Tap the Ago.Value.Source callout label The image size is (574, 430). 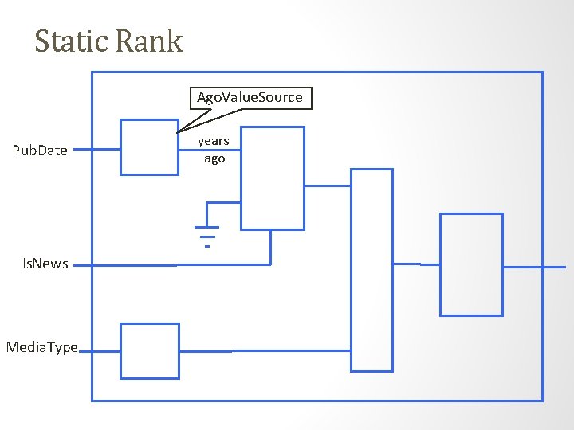(250, 97)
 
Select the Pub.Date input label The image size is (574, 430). (40, 150)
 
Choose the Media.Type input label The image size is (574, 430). (41, 347)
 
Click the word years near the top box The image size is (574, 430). (214, 141)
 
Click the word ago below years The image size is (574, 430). (214, 158)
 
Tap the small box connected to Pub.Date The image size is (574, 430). (149, 147)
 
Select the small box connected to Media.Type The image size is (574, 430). (149, 351)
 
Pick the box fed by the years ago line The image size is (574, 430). (272, 178)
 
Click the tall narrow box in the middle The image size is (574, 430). (372, 270)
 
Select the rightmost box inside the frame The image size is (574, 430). (471, 264)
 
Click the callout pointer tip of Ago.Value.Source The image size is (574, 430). (178, 132)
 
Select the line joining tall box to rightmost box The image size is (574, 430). (416, 264)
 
